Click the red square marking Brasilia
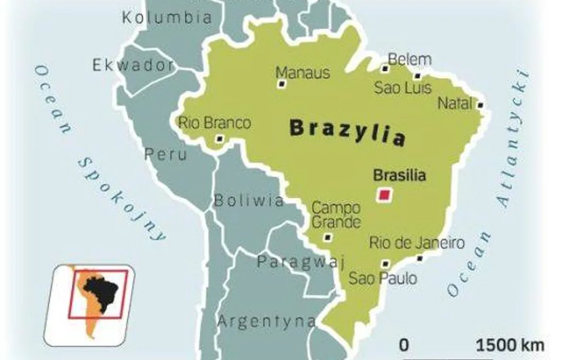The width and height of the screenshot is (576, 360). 384,195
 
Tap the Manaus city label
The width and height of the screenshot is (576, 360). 303,72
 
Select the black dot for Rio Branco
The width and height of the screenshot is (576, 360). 220,139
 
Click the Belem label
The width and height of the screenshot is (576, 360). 409,60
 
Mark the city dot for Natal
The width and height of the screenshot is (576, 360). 480,105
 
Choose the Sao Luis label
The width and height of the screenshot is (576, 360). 403,88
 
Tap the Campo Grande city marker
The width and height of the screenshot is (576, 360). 328,237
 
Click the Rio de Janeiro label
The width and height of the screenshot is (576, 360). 417,243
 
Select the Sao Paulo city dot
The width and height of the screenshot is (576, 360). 385,263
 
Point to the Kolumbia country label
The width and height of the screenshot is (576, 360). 167,18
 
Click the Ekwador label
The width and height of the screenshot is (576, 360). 133,65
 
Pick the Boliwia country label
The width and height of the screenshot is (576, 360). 249,200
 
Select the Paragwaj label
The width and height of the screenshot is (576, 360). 301,262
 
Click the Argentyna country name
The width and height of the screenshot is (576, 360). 267,321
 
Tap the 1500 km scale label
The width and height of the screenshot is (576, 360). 510,345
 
